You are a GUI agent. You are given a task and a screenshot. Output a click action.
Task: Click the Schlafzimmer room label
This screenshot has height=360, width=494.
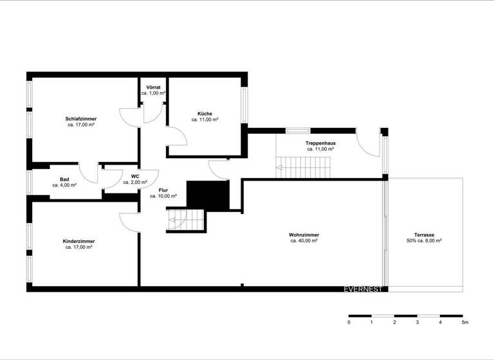click(81, 119)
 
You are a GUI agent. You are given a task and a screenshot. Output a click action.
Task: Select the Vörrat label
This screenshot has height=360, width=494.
click(153, 87)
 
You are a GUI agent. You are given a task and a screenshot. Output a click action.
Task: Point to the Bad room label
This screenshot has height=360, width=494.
click(64, 179)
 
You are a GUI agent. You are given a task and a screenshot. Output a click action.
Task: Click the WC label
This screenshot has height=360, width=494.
click(135, 176)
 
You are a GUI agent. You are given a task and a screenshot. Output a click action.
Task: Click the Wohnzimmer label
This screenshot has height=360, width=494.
click(304, 235)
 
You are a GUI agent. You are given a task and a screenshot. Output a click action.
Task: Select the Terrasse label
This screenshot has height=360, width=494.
click(424, 235)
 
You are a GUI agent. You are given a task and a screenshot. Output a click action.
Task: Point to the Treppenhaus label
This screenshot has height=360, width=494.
click(320, 143)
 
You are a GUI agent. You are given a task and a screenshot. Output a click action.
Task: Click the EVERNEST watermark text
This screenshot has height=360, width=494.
click(363, 289)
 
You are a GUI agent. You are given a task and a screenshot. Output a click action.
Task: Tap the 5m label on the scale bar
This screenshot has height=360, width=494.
click(464, 322)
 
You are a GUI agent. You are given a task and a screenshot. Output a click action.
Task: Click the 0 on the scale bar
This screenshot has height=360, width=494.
click(349, 322)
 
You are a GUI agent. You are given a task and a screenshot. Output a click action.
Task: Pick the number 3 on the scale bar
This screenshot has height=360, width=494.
click(417, 322)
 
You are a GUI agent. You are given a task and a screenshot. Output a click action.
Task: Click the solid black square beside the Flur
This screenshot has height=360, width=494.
click(208, 195)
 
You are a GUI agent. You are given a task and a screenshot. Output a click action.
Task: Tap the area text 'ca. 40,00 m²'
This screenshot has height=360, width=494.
click(304, 241)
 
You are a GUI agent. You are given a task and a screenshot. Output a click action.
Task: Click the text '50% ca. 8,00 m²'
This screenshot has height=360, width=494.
click(424, 241)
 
